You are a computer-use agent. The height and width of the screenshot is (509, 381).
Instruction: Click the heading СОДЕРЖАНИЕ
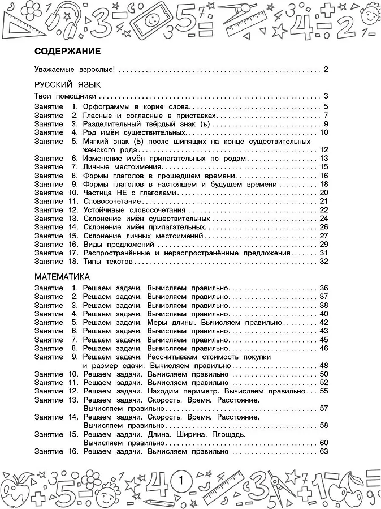point(67,51)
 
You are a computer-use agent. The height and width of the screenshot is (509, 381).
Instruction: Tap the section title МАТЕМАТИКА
point(62,277)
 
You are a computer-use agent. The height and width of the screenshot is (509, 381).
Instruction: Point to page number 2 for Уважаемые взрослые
point(326,70)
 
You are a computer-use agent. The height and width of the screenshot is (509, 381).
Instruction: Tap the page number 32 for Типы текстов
point(324,262)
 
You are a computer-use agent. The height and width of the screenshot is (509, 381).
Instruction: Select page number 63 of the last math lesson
point(324,451)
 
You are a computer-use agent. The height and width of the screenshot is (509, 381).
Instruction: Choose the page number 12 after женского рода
point(324,149)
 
